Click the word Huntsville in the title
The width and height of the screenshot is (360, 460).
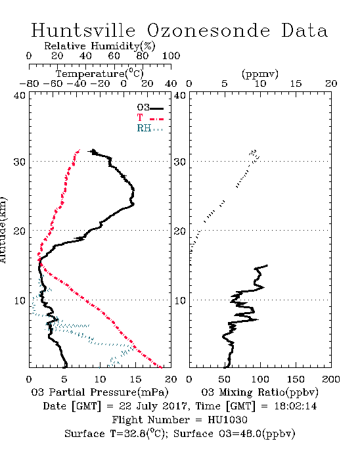point(83,30)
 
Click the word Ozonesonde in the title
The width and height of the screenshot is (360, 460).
point(208,30)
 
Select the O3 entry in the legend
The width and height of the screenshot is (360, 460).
point(150,108)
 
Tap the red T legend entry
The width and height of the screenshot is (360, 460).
point(150,118)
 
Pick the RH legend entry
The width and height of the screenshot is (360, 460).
point(150,129)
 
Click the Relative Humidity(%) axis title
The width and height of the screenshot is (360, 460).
point(100,46)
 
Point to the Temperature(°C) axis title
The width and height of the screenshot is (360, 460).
point(100,74)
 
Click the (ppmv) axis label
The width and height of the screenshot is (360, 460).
point(260,74)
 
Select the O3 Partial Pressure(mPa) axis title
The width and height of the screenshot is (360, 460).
point(100,392)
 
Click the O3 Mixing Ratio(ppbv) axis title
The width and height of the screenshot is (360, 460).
point(260,392)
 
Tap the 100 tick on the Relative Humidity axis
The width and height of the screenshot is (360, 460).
point(171,56)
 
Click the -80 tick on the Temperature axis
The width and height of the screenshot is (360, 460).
point(29,83)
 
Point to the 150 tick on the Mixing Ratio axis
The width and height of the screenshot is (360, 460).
point(296,379)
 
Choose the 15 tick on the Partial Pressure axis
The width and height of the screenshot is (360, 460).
point(135,379)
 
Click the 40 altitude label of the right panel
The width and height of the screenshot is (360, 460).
point(180,95)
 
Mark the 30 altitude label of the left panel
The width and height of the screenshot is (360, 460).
point(19,162)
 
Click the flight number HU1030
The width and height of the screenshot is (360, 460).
point(227,420)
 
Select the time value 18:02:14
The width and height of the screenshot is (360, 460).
point(296,406)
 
